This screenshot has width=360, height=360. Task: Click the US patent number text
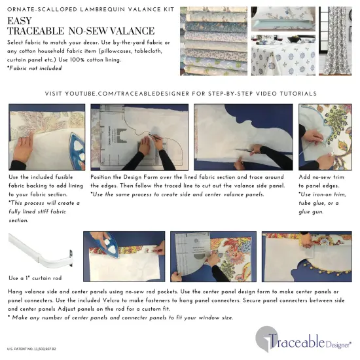(x=31, y=350)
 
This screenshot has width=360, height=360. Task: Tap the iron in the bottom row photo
(x=105, y=249)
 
